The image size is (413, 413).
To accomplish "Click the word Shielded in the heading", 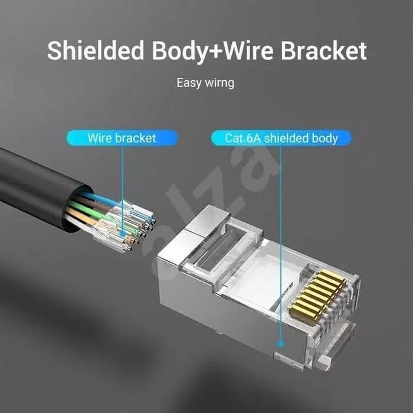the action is point(96,50).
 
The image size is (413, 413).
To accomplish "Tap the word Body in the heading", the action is point(180,52).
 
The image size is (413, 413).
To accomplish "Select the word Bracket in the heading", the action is point(324,50).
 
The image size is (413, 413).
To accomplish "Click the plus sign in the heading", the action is point(215,51).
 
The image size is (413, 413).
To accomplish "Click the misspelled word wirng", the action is point(219,83).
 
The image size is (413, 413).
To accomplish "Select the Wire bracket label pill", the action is point(122,138).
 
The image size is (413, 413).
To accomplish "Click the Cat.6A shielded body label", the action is point(281,138).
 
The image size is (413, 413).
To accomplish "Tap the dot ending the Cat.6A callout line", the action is point(281,343).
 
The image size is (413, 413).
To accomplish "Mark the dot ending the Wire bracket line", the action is point(122,233).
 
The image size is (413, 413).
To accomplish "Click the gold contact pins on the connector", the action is point(317,292).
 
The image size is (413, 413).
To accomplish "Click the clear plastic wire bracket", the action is point(124,227).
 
